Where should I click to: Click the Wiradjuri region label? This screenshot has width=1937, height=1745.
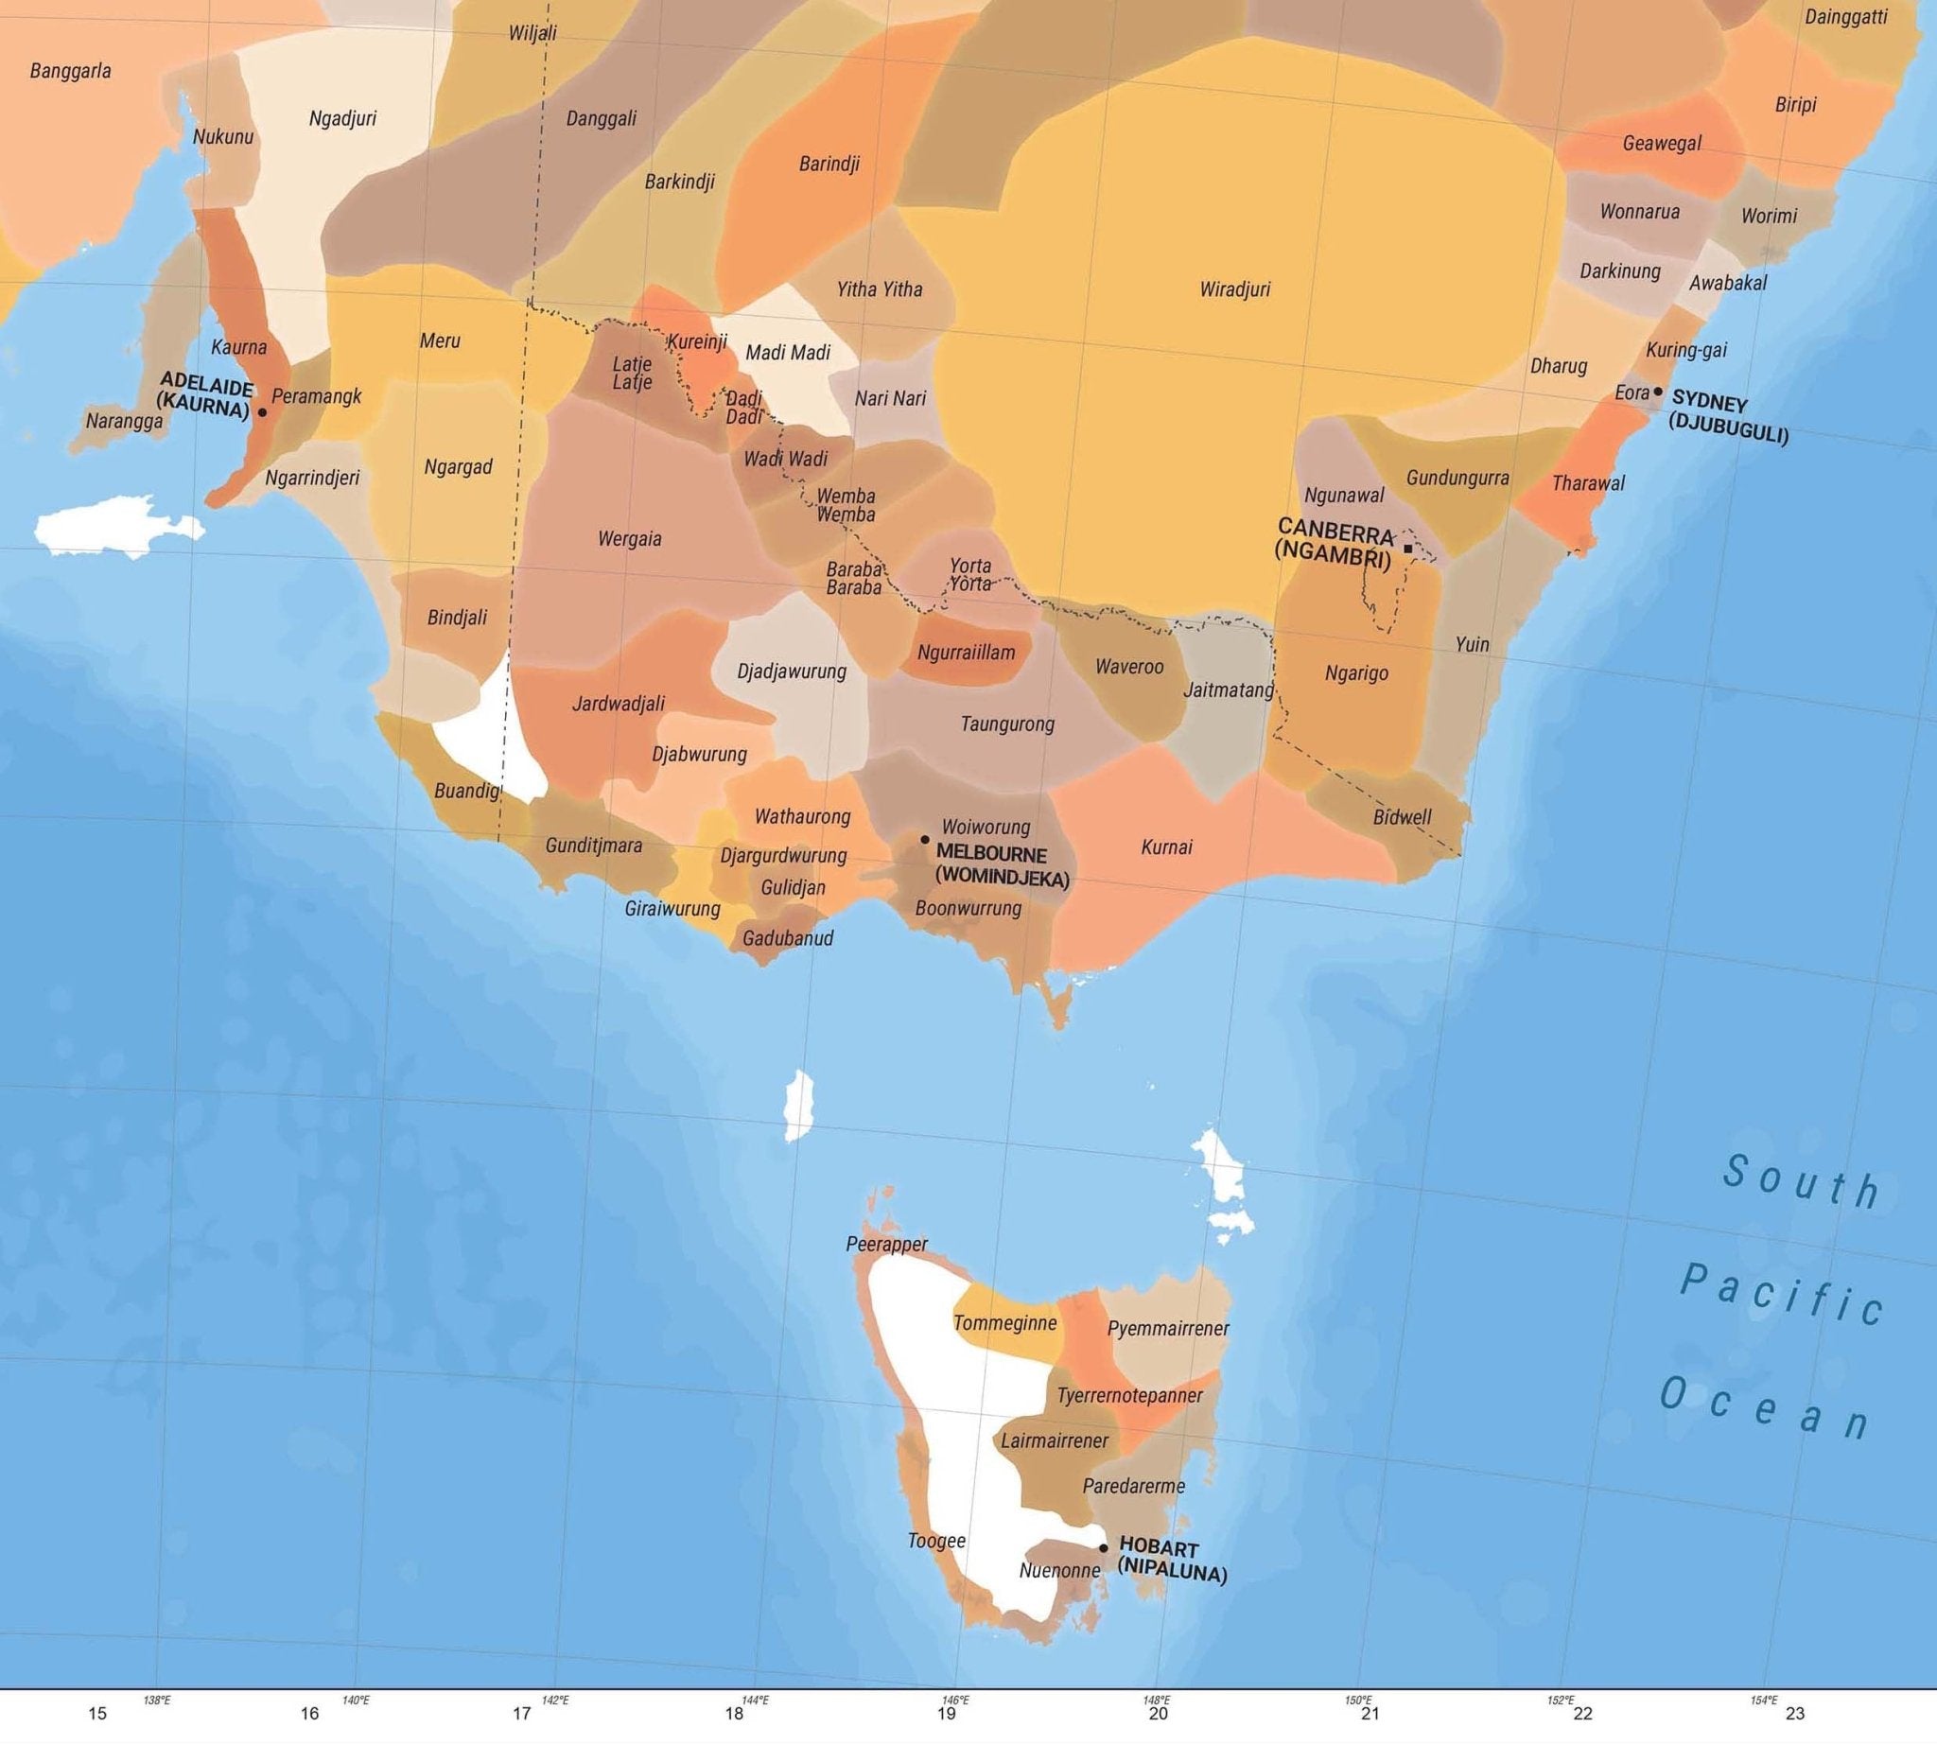1234,288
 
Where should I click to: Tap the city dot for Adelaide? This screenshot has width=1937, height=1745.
262,412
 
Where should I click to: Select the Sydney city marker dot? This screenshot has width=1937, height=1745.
1658,392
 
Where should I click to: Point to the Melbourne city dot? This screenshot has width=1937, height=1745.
924,839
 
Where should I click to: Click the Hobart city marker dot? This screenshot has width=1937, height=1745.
1103,1547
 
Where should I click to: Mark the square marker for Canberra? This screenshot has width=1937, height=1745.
1406,549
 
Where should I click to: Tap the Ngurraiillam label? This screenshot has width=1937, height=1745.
966,653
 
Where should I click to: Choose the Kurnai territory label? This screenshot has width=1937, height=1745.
1166,846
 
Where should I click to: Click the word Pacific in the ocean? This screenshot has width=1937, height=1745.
1783,1295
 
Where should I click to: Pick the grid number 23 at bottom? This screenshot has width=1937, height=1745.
1795,1714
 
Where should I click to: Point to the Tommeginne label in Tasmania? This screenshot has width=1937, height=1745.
1004,1323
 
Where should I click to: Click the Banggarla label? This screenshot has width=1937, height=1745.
70,70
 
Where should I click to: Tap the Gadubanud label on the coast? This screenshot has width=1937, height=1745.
787,937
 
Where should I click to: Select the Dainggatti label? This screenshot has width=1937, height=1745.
1846,17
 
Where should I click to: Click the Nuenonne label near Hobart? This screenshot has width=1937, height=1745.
1059,1570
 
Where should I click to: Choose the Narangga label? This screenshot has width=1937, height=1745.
124,421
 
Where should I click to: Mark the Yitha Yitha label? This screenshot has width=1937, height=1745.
880,288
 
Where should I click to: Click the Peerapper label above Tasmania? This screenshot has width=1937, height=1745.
886,1245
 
